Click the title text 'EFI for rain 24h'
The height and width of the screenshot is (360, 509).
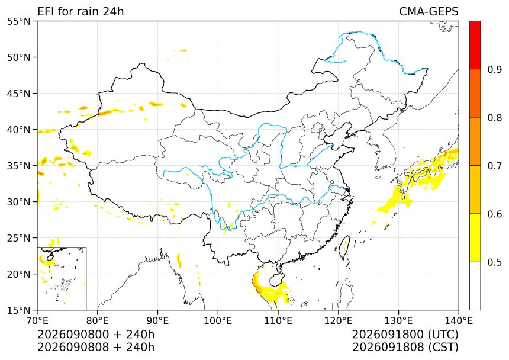click(x=80, y=11)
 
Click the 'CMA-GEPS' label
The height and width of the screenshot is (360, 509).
click(x=429, y=11)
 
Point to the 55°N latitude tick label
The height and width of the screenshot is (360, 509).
click(x=18, y=21)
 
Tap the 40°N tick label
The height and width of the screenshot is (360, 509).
click(x=18, y=130)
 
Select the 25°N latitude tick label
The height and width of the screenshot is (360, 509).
click(x=18, y=238)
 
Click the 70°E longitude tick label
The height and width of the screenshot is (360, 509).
click(x=37, y=321)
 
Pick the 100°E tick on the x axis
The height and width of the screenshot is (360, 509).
click(x=218, y=321)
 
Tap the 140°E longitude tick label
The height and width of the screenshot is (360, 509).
click(x=459, y=321)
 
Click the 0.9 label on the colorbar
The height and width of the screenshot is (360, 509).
click(x=494, y=69)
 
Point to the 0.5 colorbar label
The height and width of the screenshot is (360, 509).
click(x=494, y=262)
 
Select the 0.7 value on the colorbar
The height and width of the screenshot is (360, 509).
click(x=494, y=166)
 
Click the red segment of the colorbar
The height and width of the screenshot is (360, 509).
click(x=475, y=45)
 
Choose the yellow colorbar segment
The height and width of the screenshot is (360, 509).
click(x=475, y=237)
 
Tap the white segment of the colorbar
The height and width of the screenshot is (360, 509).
click(x=475, y=286)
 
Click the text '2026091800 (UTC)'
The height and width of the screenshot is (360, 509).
click(x=405, y=334)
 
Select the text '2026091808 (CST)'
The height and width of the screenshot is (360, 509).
click(x=405, y=347)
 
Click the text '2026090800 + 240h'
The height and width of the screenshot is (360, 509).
click(x=96, y=334)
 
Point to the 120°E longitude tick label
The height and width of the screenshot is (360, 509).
click(x=339, y=321)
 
